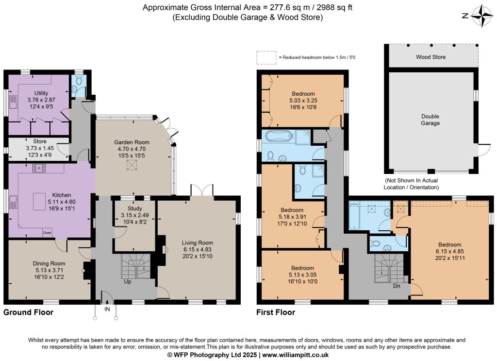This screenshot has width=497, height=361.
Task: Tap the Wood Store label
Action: pos(431,57)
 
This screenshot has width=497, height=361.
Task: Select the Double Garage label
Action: pos(430,120)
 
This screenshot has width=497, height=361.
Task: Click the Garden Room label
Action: pos(132,142)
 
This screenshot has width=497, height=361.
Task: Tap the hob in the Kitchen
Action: pos(39,168)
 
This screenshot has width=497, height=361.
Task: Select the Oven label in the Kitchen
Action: pos(47,233)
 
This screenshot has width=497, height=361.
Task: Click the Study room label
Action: pos(135,209)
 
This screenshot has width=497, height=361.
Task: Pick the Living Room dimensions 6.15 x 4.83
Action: pos(197,250)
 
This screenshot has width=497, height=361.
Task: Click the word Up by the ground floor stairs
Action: pos(128,282)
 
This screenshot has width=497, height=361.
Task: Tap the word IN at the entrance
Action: pos(107,309)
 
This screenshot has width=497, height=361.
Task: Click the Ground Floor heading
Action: pos(28,312)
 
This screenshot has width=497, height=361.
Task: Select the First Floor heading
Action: pos(276,312)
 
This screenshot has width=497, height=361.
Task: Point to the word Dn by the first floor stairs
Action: pos(397,286)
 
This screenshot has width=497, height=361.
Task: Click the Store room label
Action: pos(40,141)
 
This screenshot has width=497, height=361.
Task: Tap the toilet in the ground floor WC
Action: pos(79,81)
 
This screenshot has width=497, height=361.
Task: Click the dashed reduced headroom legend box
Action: pos(266,58)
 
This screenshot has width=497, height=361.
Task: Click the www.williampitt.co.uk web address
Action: pos(296,355)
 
